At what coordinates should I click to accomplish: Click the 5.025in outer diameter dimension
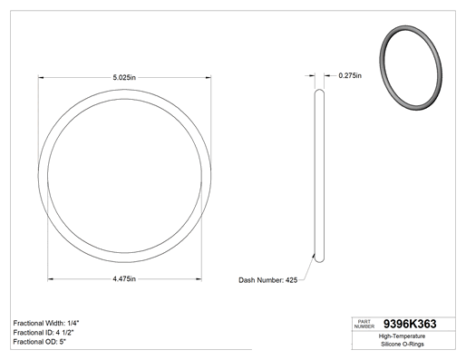(124, 78)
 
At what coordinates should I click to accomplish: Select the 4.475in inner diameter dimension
(124, 278)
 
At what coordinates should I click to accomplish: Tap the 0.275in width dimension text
(350, 75)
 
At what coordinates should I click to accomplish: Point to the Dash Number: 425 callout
(268, 280)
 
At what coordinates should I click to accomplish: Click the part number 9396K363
(410, 324)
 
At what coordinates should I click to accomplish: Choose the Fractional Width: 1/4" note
(46, 323)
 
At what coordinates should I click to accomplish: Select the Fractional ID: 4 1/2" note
(44, 333)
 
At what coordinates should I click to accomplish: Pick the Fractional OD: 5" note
(40, 342)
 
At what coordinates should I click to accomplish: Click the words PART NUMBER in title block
(364, 324)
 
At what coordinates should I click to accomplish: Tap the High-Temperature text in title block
(402, 336)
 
